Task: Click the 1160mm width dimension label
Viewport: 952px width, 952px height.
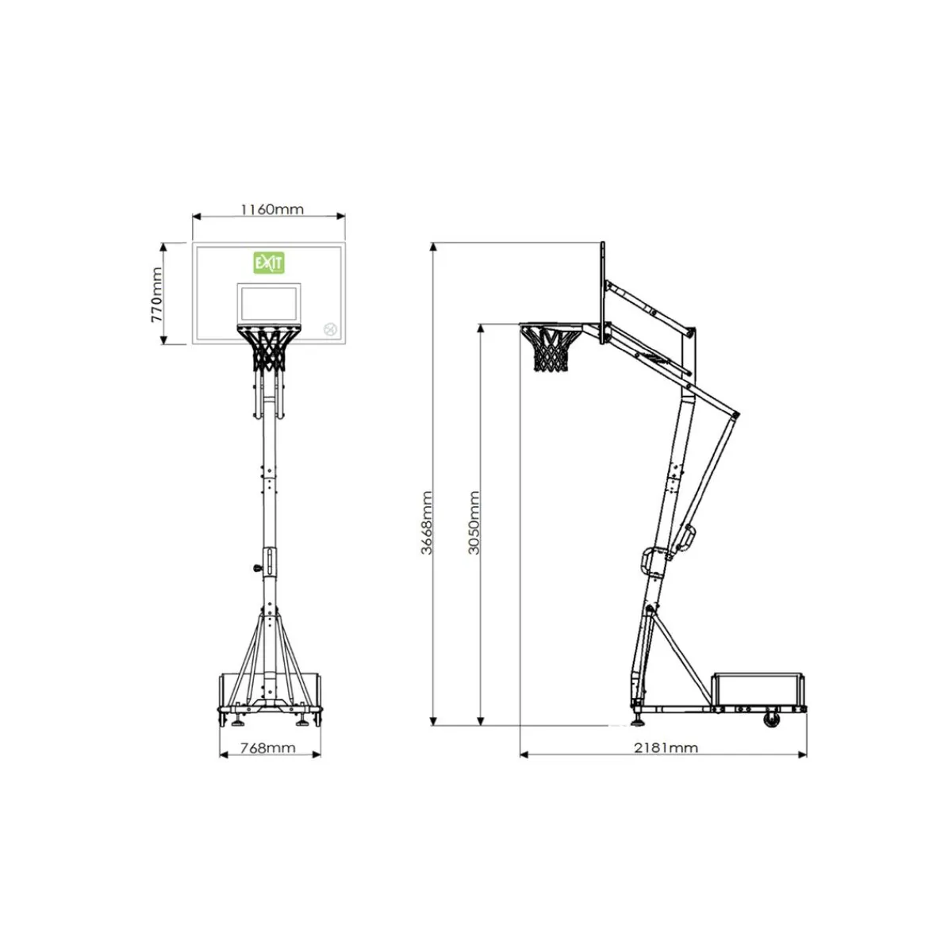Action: [272, 209]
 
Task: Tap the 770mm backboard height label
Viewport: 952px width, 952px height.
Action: [156, 294]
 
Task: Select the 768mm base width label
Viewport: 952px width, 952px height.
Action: [268, 748]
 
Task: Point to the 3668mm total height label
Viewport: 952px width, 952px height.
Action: [427, 522]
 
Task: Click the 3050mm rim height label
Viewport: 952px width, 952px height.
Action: [474, 522]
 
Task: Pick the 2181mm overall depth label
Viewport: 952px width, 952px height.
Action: [666, 748]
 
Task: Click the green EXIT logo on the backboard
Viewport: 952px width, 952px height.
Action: [269, 263]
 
